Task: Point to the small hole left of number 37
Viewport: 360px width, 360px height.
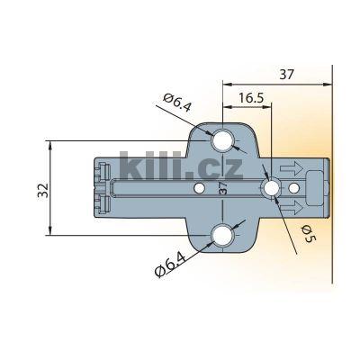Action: point(199,188)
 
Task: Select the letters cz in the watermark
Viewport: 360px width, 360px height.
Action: point(225,169)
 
